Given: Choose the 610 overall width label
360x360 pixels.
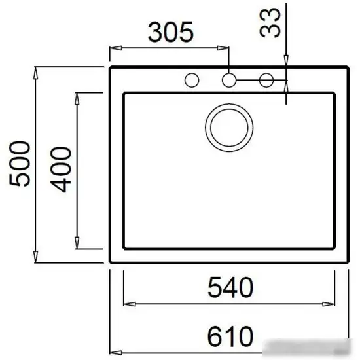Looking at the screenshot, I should [230, 337].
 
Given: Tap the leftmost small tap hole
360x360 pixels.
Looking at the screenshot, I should [192, 81].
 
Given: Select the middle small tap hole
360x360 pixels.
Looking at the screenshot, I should [229, 81].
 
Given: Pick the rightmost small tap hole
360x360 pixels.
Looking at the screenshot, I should [266, 81].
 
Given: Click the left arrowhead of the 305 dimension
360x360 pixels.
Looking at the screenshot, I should [113, 48].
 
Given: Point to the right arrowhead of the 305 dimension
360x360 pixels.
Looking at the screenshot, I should [225, 48].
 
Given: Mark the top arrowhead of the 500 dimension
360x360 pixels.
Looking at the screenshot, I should [35, 69].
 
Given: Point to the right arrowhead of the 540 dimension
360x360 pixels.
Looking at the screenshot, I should [333, 303].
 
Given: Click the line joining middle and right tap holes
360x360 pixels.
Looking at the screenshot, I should [247, 81].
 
